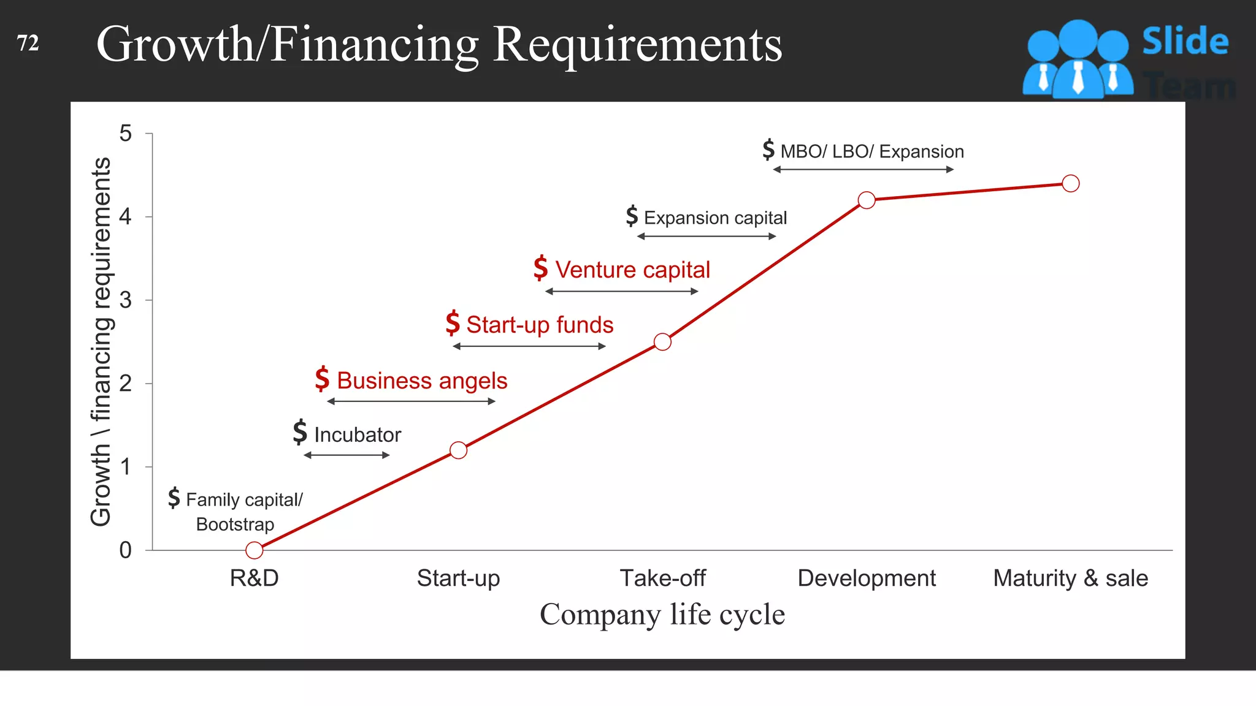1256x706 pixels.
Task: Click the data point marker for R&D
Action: (254, 550)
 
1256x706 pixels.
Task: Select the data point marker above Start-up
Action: (458, 450)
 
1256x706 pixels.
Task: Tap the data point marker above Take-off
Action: (662, 342)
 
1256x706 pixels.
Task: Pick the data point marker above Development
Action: (867, 200)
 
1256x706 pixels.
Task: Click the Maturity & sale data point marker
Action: (1071, 183)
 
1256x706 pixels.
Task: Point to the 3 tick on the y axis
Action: (126, 300)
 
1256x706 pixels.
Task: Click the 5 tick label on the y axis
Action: (126, 134)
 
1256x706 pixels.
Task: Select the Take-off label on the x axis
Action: (662, 578)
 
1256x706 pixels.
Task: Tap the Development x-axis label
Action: (867, 578)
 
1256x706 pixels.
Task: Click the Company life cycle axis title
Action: (662, 614)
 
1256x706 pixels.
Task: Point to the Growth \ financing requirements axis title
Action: (101, 341)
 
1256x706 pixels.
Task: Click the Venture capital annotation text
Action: (632, 270)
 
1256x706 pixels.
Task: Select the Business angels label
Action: (422, 381)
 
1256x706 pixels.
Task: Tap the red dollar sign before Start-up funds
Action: (453, 323)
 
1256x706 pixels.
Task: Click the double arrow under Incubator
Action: (347, 455)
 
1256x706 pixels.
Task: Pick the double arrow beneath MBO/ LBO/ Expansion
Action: (863, 170)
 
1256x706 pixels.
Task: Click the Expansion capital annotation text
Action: (715, 218)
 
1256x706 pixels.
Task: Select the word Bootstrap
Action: (235, 525)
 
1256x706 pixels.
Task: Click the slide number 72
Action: (28, 43)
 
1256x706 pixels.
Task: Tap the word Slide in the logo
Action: (1185, 42)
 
